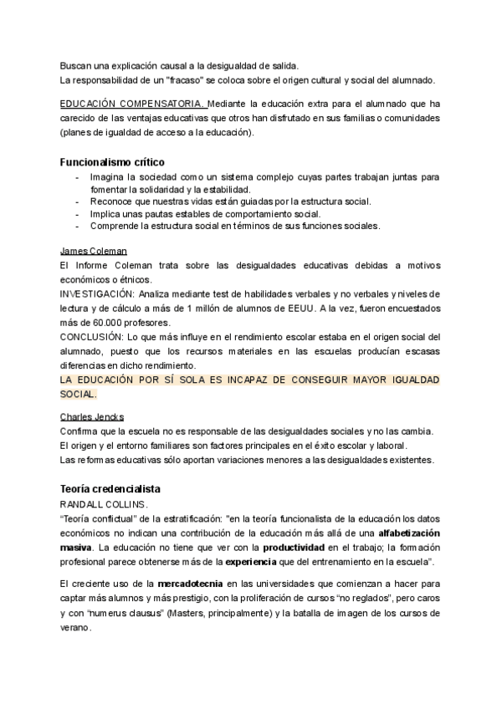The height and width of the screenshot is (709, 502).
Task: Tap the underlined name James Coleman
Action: (94, 251)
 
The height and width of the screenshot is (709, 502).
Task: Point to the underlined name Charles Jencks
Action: (92, 416)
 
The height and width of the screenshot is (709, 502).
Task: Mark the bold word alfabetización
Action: (409, 533)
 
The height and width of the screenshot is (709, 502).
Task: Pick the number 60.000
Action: (97, 323)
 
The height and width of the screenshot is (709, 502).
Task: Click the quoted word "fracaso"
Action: (192, 79)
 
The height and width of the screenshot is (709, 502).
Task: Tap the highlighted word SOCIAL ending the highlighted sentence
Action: (77, 394)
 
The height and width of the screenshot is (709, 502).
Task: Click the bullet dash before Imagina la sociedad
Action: (78, 178)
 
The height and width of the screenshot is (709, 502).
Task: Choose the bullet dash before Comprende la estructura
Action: (78, 226)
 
